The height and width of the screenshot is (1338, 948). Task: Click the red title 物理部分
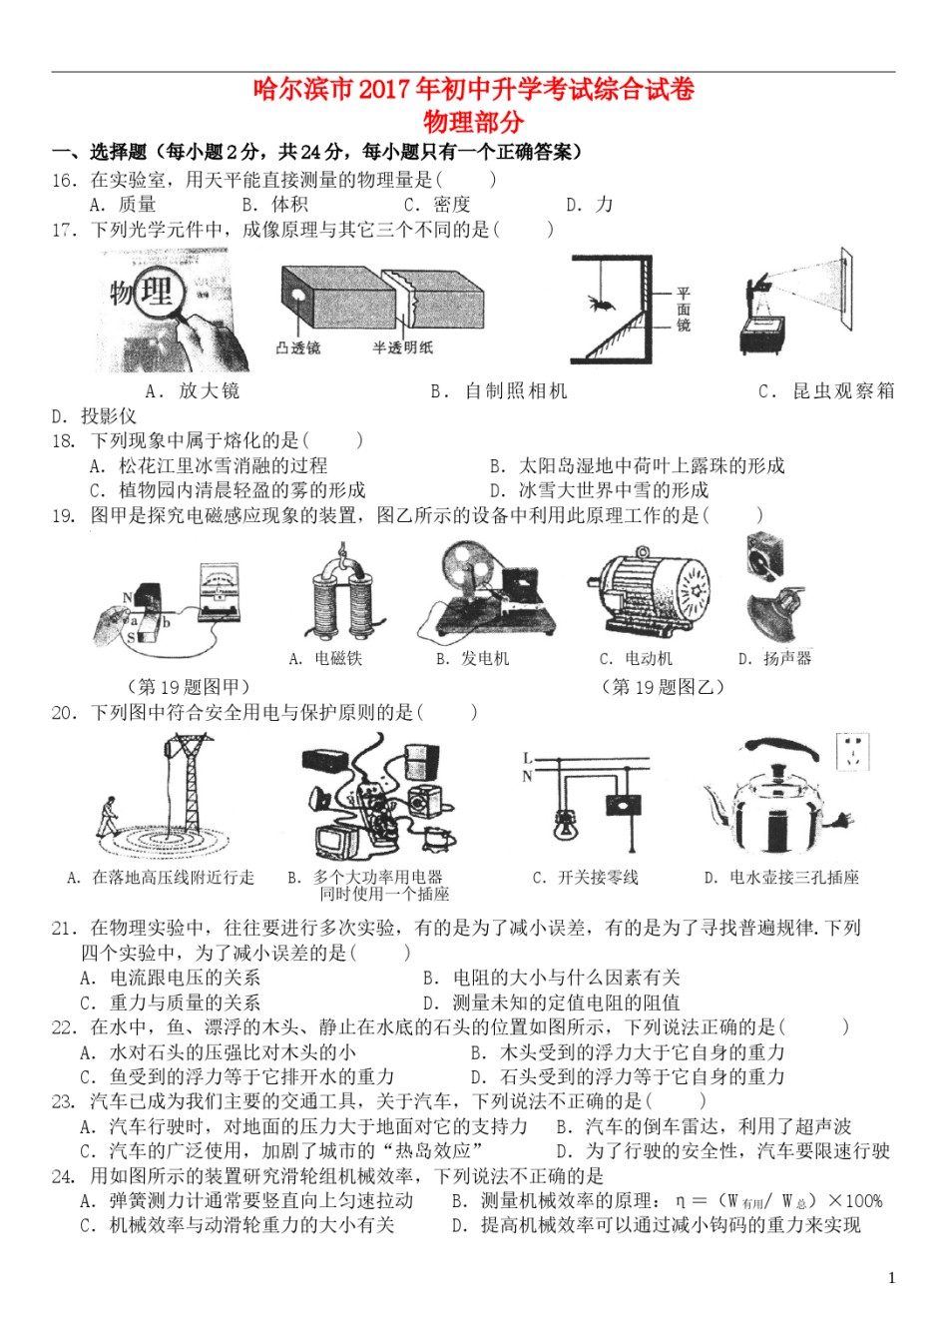[473, 122]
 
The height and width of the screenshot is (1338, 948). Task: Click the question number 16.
[64, 180]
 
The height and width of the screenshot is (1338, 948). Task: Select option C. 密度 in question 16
[437, 205]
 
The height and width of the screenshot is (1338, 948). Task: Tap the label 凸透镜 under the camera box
[298, 347]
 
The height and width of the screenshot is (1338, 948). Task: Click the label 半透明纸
[402, 347]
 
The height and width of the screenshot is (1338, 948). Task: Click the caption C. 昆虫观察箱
[826, 391]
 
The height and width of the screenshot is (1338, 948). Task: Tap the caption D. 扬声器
[774, 659]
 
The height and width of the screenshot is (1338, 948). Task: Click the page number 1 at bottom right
[891, 1277]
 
